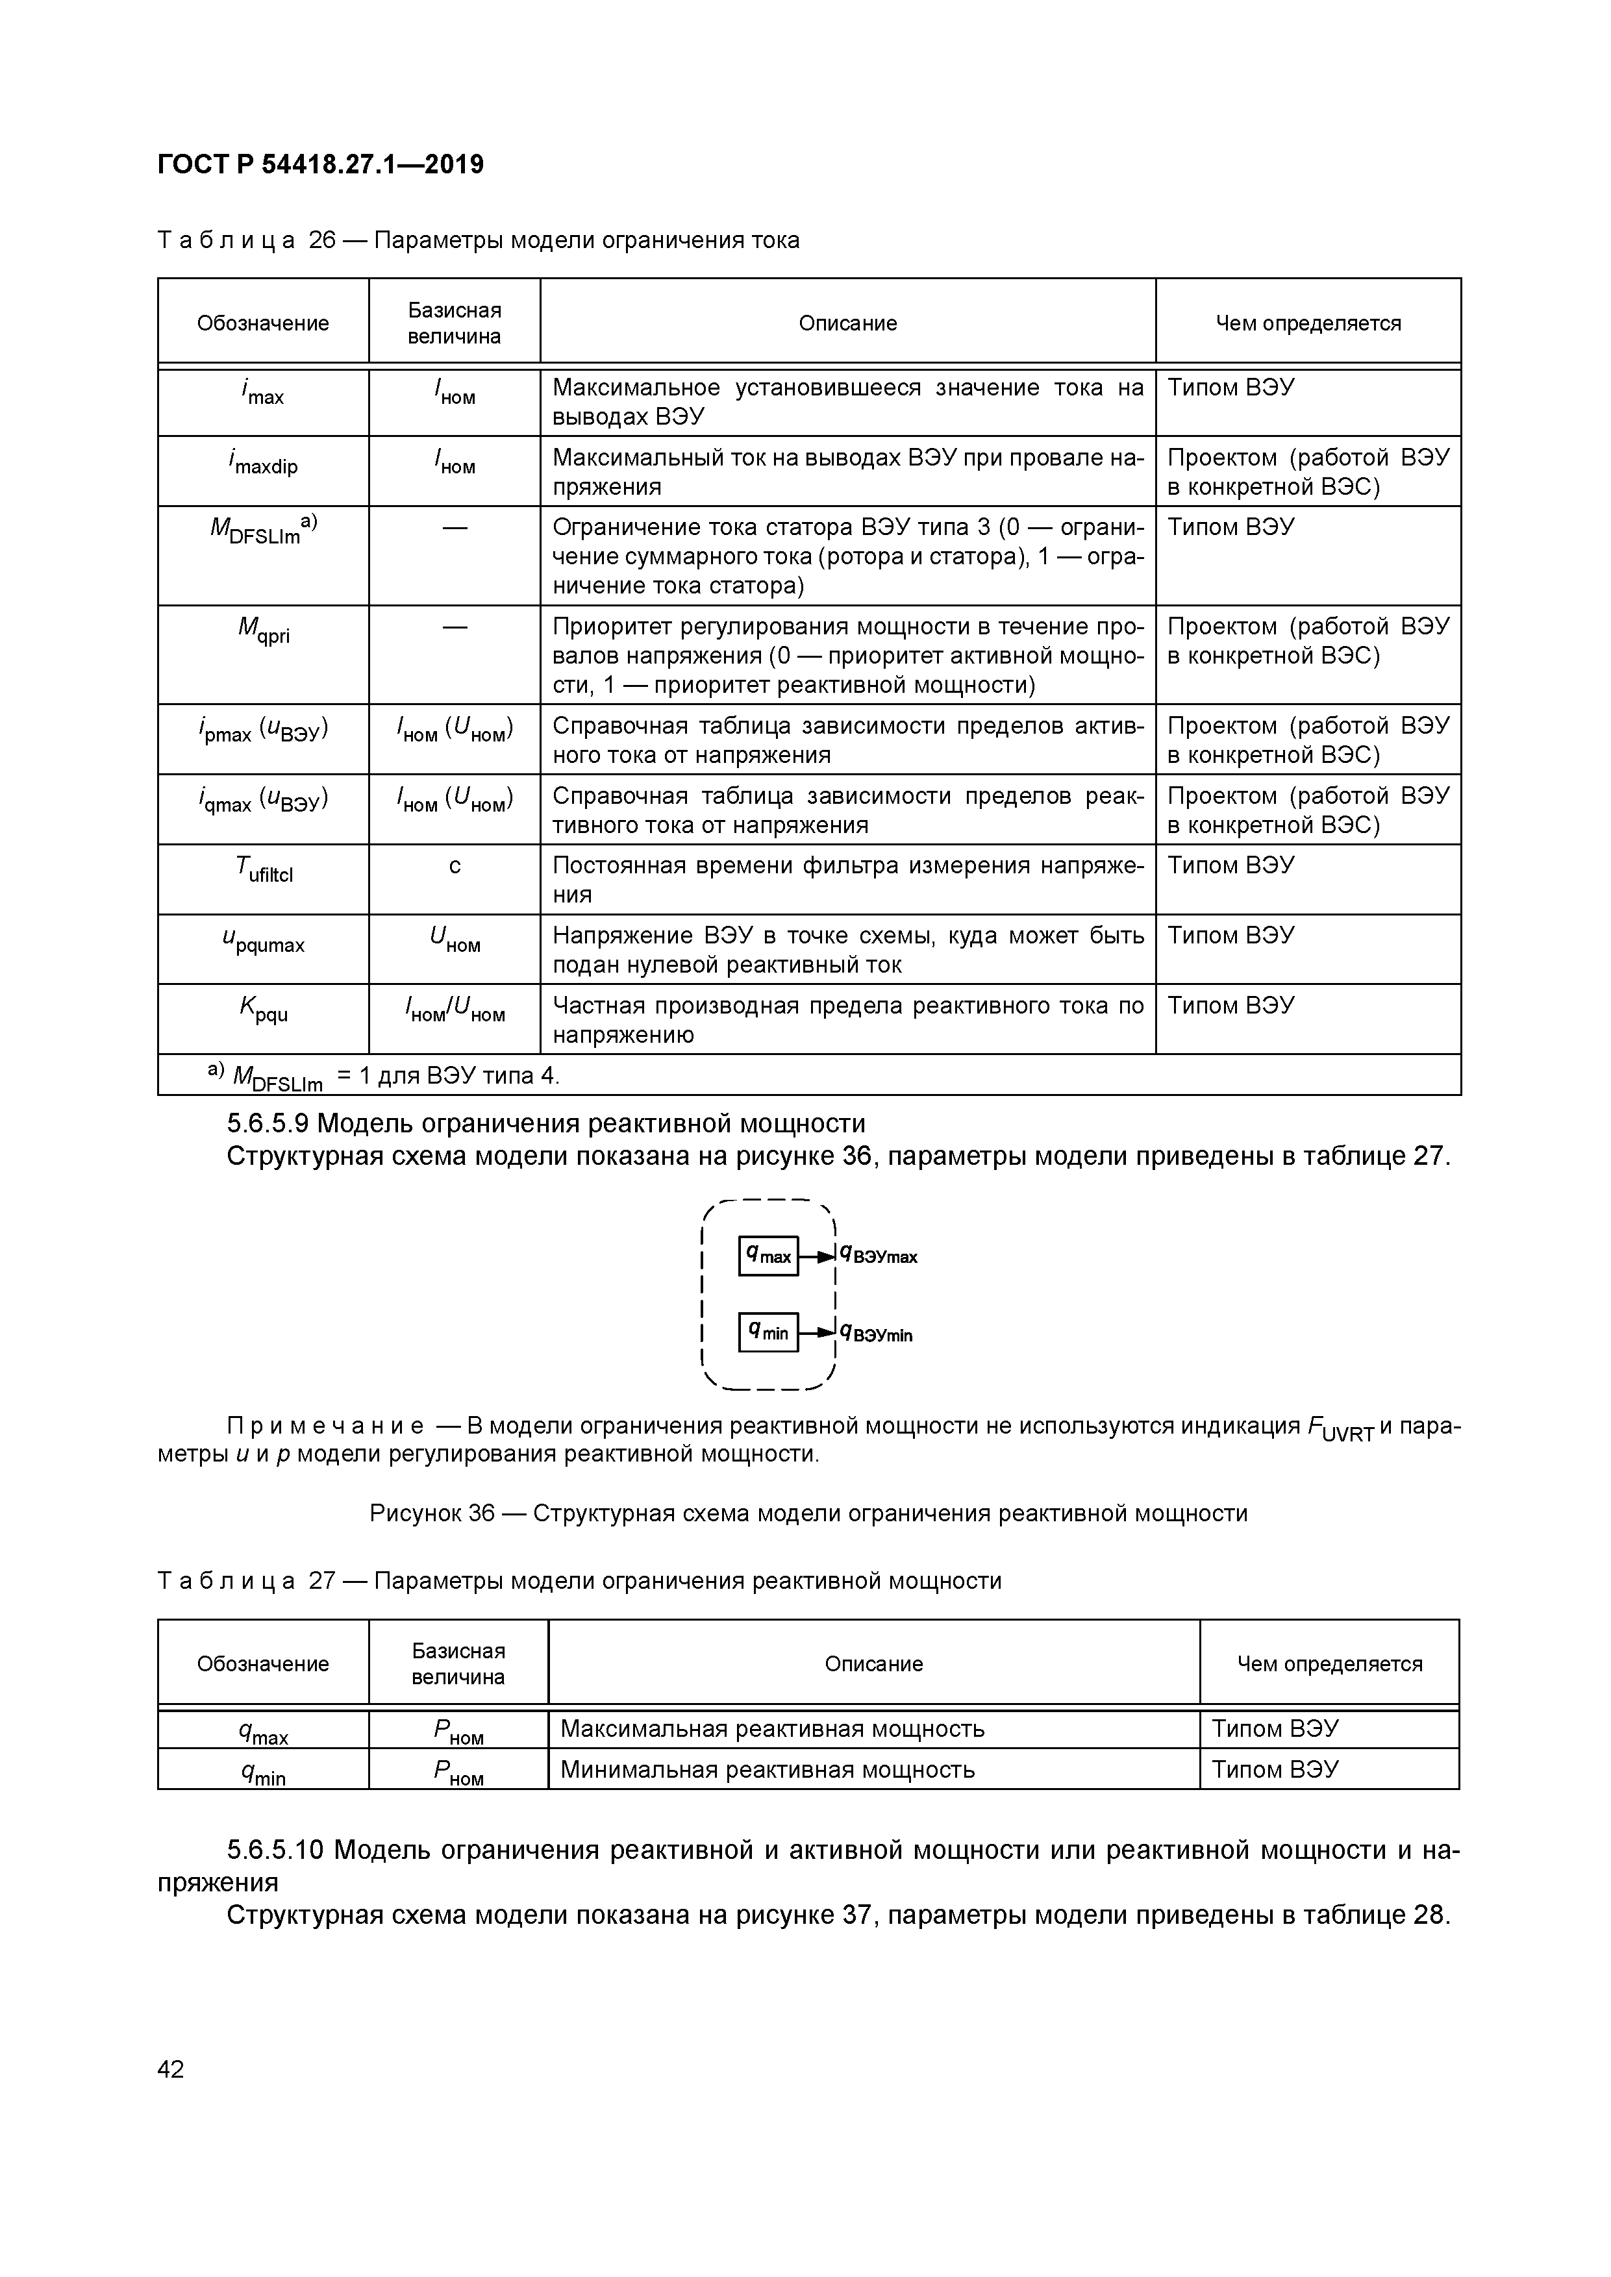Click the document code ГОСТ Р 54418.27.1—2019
[x=320, y=165]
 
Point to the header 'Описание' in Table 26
[x=847, y=323]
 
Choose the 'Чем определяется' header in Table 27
[x=1329, y=1664]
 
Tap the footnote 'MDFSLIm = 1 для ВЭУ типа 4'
[x=387, y=1075]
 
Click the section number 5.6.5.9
[x=268, y=1124]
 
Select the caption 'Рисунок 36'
[x=432, y=1513]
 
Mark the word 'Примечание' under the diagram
[x=325, y=1426]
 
